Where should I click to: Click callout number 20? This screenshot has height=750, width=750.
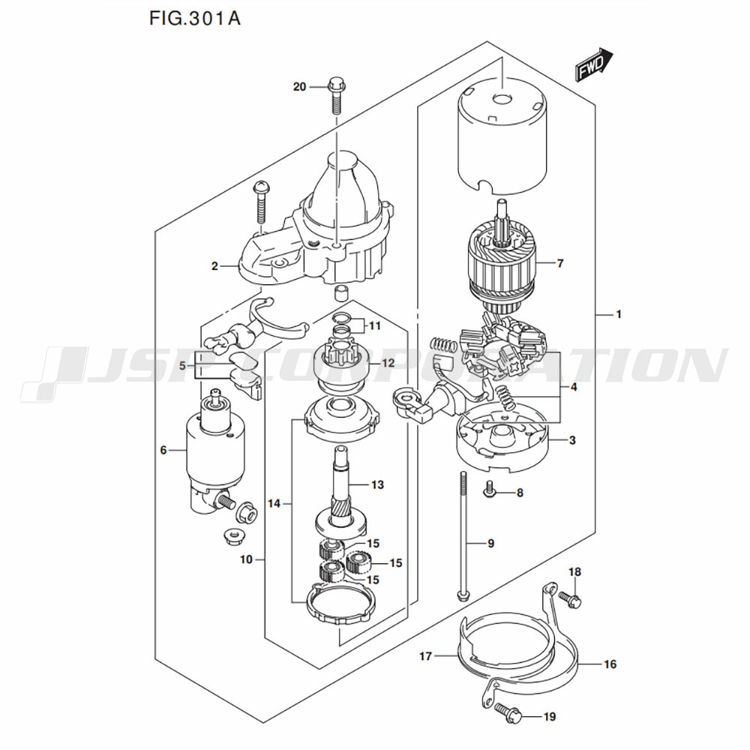tap(299, 87)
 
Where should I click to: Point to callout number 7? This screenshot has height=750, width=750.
tap(559, 263)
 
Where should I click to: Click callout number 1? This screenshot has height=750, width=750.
tap(619, 315)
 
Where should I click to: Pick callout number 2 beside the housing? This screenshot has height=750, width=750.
tap(214, 265)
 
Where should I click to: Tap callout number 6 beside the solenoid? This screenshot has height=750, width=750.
tap(163, 450)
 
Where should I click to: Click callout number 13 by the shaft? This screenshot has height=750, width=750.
tap(376, 485)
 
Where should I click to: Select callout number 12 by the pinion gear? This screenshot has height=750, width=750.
tap(388, 363)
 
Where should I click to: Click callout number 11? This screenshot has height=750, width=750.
tap(374, 325)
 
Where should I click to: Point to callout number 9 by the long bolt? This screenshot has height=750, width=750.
tap(490, 543)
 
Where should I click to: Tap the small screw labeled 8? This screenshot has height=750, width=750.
tap(489, 490)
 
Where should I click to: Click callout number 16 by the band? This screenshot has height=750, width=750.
tap(609, 664)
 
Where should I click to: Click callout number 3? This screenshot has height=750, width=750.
tap(572, 440)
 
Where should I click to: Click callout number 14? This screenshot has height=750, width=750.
tap(274, 504)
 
